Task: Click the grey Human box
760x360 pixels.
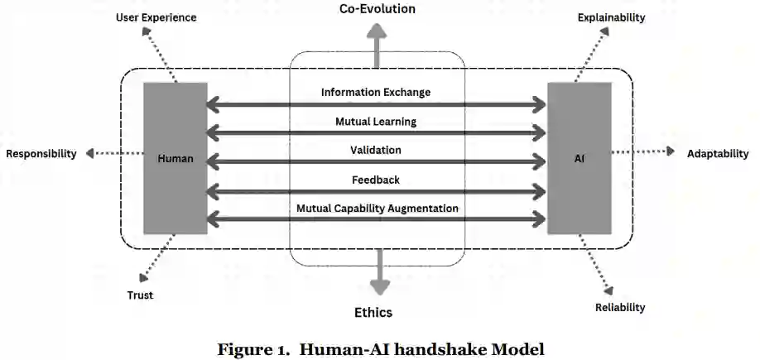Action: (175, 158)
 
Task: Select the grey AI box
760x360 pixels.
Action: (580, 158)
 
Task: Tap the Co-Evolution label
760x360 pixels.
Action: (377, 9)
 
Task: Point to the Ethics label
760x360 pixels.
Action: (373, 312)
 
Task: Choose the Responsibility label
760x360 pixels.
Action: (41, 153)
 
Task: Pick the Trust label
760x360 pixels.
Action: (140, 295)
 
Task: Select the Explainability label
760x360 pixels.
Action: (611, 17)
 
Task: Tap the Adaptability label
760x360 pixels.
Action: (717, 153)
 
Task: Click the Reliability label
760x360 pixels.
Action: (620, 307)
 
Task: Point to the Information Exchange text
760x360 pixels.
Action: (376, 92)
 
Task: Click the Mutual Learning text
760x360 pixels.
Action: (376, 121)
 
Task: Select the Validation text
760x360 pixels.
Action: (376, 150)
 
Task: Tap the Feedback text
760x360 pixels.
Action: (376, 179)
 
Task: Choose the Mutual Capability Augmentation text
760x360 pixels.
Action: (378, 208)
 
